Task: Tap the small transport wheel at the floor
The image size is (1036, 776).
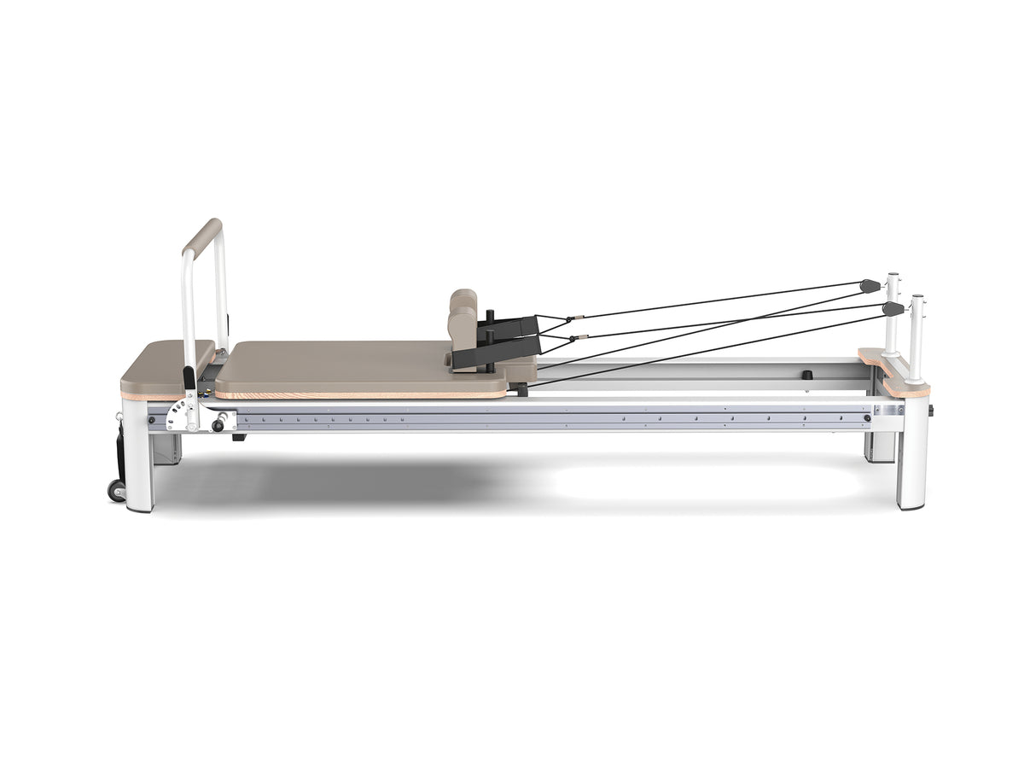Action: coord(115,490)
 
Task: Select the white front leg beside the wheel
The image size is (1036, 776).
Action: coord(138,461)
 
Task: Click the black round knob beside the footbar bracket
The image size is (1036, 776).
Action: coord(218,424)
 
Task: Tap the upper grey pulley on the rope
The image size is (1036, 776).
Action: coord(870,285)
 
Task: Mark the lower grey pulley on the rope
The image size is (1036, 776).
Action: coord(892,308)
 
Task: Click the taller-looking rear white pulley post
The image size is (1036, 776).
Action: coord(893,312)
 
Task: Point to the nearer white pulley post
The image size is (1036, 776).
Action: coord(917,337)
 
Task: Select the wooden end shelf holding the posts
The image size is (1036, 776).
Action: coord(893,371)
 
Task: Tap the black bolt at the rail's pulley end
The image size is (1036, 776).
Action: coord(867,418)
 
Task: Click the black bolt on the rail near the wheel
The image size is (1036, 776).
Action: coord(152,418)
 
